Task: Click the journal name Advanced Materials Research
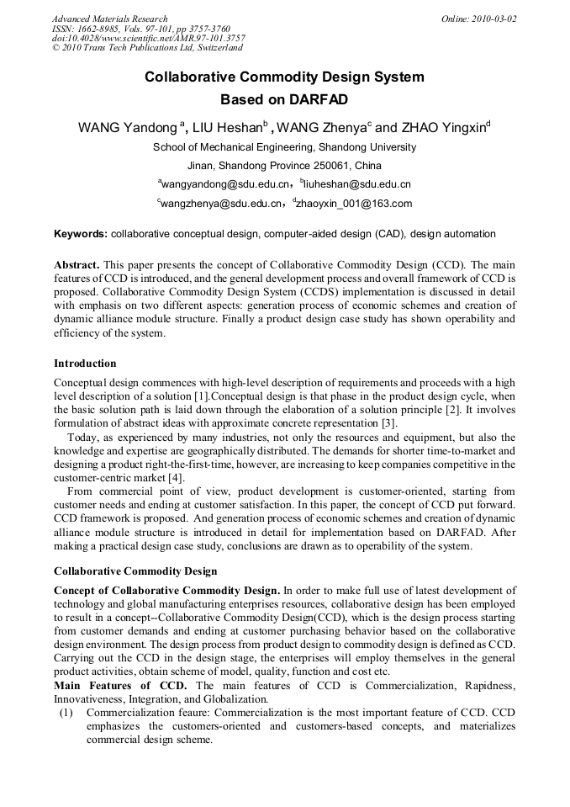pos(109,19)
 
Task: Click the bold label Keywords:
pos(81,234)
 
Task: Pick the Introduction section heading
pos(85,364)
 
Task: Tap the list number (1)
pos(66,712)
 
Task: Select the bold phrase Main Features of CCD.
pos(119,685)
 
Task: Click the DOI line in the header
pos(148,39)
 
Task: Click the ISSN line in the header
pos(140,29)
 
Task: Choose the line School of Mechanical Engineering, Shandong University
pos(284,147)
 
